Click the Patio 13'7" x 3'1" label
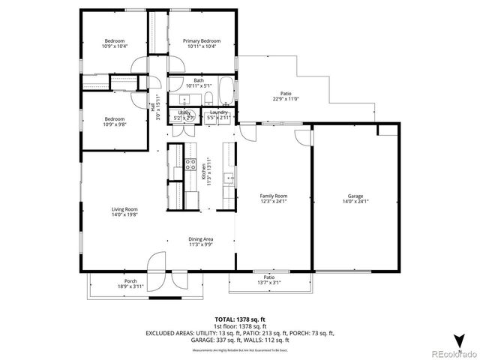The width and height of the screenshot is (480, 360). pos(268,280)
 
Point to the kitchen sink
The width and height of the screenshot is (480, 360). pos(229,178)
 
